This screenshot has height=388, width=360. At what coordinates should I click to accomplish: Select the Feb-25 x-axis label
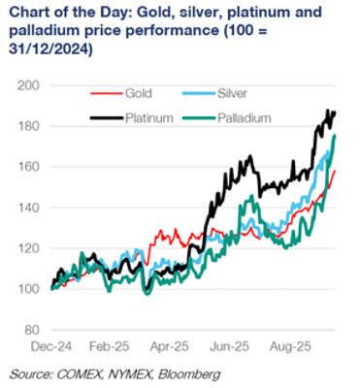pos(110,344)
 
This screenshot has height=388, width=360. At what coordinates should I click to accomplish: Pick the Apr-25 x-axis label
pos(169,344)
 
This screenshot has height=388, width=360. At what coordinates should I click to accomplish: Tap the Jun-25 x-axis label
pos(228,344)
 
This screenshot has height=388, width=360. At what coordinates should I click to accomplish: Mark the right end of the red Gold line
pos(336,172)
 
